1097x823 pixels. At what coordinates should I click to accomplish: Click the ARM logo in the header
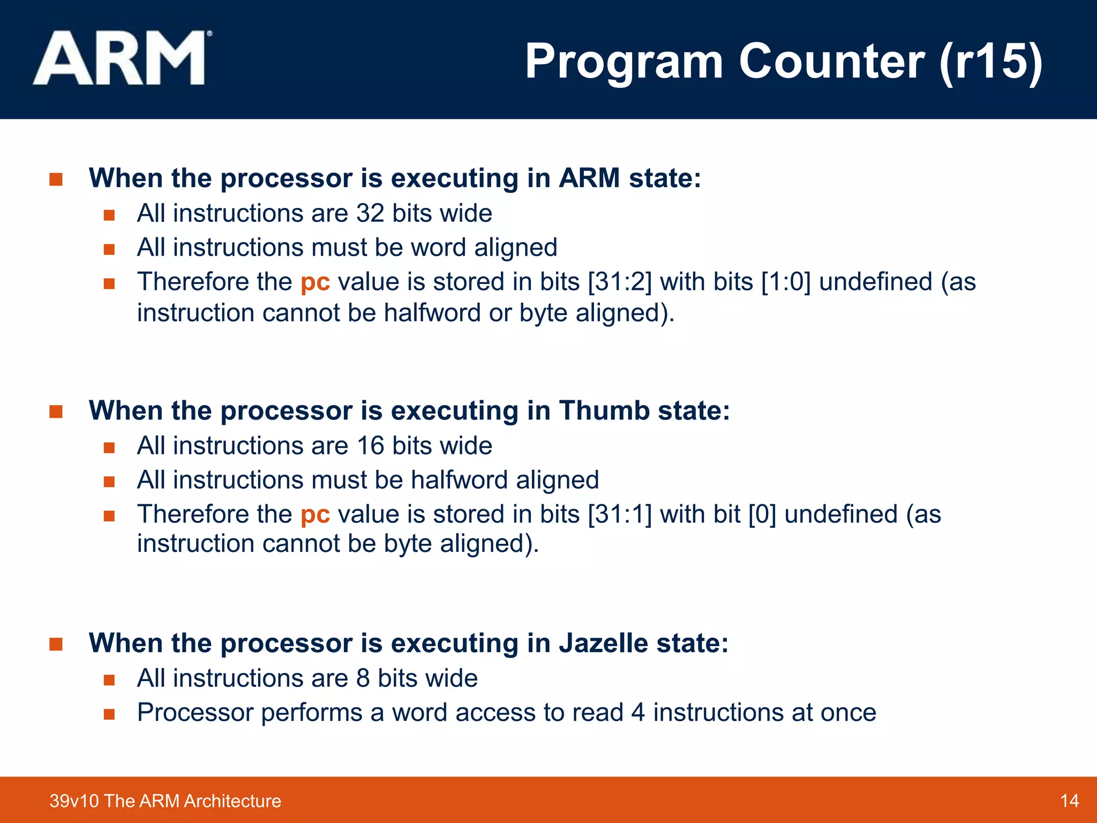(121, 58)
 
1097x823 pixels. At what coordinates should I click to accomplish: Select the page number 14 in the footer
(1069, 801)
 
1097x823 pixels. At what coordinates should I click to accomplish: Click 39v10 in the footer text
(74, 801)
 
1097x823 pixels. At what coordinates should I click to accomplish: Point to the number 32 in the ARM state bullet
(370, 213)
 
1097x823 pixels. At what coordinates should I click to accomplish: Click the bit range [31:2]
(620, 282)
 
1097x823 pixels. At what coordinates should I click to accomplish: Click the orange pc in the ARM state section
(315, 282)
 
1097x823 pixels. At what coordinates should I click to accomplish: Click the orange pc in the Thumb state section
(315, 515)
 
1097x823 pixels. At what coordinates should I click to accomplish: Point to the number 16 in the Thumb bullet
(370, 446)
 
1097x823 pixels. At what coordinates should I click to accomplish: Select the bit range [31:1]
(620, 514)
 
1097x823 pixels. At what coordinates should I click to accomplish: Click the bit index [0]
(762, 514)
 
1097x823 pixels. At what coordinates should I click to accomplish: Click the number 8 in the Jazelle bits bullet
(363, 678)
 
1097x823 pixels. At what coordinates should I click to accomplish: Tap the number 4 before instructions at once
(637, 713)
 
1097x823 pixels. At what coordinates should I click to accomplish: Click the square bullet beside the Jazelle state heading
(56, 644)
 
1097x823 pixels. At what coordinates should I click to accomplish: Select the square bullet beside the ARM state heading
(56, 179)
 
